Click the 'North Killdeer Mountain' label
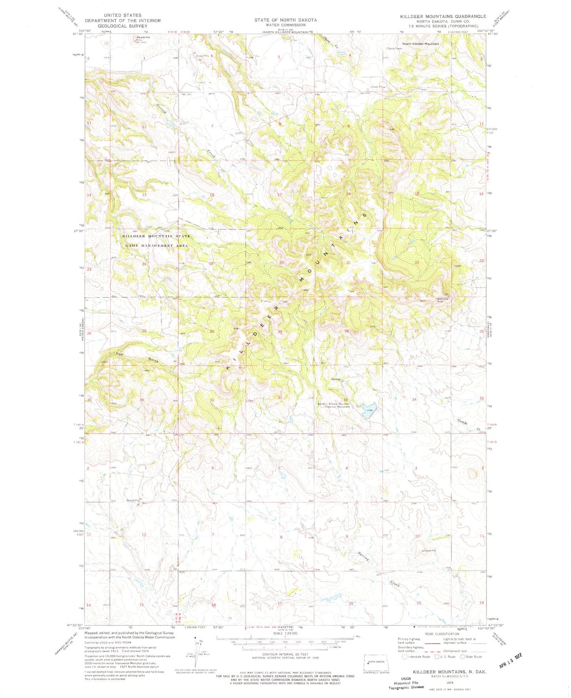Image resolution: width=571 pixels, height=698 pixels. (420, 44)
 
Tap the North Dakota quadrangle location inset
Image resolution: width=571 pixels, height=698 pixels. (376, 663)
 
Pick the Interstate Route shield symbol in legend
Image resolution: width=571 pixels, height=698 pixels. (404, 657)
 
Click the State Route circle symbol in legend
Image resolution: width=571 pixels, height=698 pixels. (462, 657)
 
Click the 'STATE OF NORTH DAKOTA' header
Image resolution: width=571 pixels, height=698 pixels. (285, 20)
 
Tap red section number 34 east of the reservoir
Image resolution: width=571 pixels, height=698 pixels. (414, 399)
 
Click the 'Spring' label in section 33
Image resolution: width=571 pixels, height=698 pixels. (335, 379)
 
